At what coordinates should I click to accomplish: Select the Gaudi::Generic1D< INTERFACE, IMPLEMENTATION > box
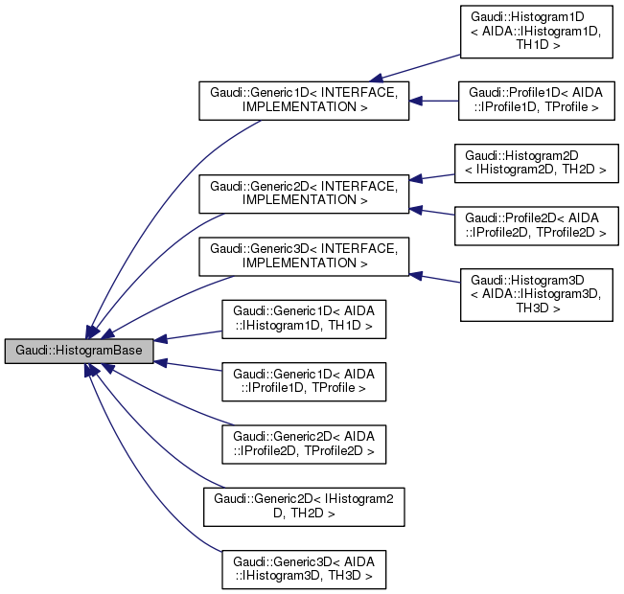point(304,101)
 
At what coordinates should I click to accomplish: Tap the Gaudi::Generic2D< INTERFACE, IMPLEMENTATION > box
point(304,193)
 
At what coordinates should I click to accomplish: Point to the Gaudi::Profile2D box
point(536,224)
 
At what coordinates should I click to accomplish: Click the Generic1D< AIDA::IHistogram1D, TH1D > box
point(304,318)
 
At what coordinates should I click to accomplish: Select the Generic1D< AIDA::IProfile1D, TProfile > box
point(304,380)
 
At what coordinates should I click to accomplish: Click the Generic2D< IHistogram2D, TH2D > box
point(304,505)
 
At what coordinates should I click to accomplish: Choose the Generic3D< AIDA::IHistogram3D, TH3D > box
point(304,567)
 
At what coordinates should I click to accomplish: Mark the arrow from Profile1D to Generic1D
point(433,101)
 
